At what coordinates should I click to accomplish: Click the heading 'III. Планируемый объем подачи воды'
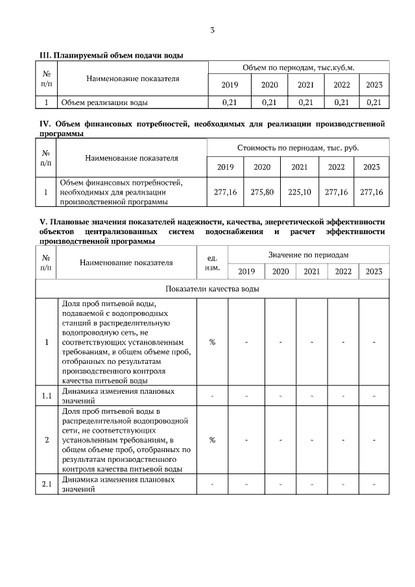click(x=112, y=55)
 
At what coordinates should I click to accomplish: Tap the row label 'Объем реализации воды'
click(x=104, y=102)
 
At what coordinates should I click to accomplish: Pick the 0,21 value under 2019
click(x=230, y=102)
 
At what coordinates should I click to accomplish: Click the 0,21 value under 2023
click(x=373, y=102)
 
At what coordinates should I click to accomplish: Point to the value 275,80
click(x=262, y=192)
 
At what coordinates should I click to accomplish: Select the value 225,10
click(x=299, y=192)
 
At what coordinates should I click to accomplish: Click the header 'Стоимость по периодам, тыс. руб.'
click(x=298, y=148)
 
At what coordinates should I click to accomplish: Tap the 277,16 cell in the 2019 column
click(x=226, y=192)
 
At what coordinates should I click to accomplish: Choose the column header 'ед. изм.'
click(x=212, y=262)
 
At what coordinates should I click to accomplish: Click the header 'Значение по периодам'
click(x=309, y=255)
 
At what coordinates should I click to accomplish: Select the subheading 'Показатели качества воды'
click(x=213, y=289)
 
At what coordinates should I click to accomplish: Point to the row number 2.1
click(x=46, y=485)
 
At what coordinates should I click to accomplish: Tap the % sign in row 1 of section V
click(x=212, y=342)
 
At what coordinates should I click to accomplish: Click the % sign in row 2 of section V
click(x=212, y=440)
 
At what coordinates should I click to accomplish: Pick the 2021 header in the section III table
click(x=305, y=84)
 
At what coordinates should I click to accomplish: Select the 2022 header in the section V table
click(x=343, y=271)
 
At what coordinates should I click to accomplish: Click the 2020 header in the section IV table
click(x=262, y=167)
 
